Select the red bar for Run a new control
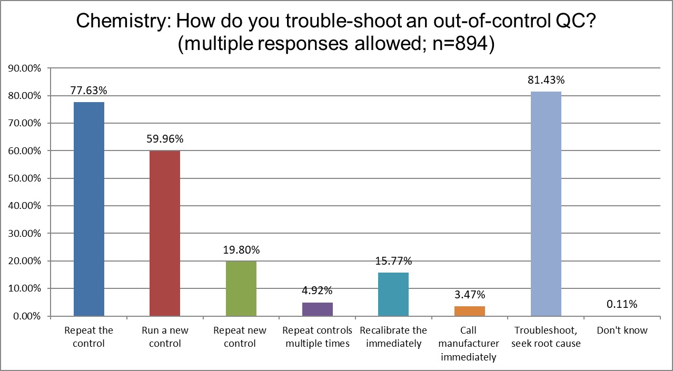(x=165, y=234)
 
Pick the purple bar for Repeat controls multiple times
(x=318, y=309)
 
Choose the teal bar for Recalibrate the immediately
(x=393, y=294)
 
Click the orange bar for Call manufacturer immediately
(x=470, y=311)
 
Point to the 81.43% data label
(x=546, y=81)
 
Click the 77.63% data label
(x=89, y=91)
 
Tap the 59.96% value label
(x=165, y=139)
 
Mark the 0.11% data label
(x=622, y=304)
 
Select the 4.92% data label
(x=318, y=290)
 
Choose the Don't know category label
(x=622, y=330)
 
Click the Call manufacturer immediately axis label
(x=470, y=344)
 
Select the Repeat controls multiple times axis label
(x=318, y=337)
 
